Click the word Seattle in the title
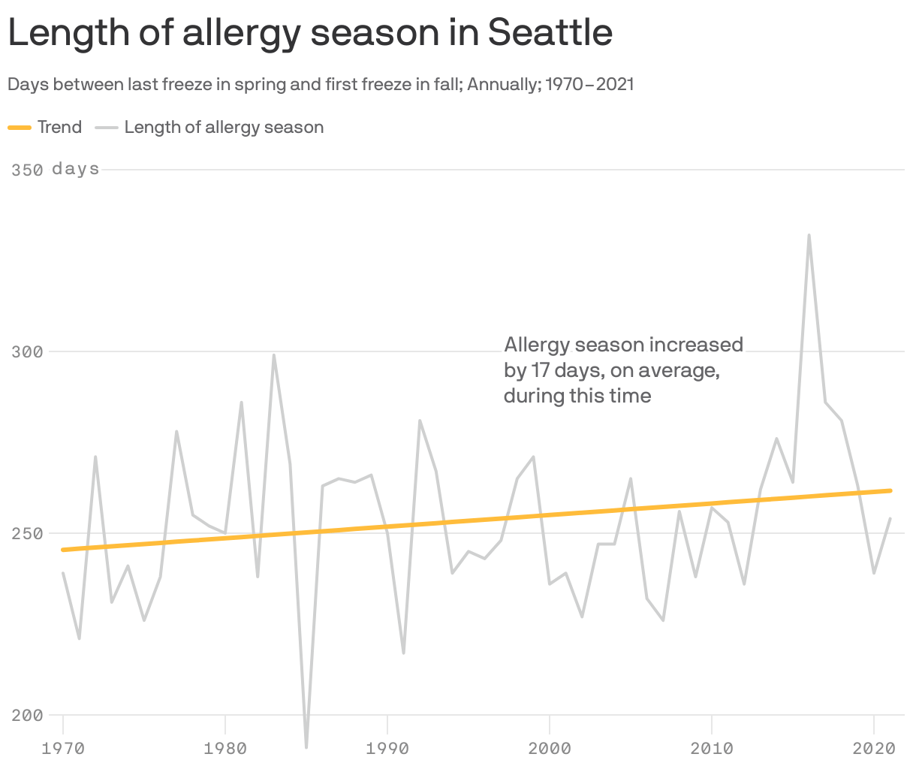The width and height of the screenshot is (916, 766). tap(550, 32)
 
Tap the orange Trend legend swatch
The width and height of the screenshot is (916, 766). tap(20, 128)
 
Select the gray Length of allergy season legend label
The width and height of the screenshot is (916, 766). tap(224, 128)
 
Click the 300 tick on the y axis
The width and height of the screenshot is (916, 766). tap(27, 351)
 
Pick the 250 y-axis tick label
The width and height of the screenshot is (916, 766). tap(27, 533)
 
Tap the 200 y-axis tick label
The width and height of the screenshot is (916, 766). tap(27, 715)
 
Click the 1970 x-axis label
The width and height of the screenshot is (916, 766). tap(63, 748)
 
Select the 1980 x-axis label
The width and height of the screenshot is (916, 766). tap(225, 748)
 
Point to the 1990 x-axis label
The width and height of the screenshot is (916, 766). tap(387, 748)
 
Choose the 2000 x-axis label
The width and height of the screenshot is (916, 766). tap(550, 748)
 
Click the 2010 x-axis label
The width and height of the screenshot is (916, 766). tap(711, 748)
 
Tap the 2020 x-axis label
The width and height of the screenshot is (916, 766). tap(873, 748)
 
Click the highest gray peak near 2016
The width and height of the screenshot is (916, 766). tap(809, 235)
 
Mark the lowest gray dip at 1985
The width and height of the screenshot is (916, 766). tap(306, 746)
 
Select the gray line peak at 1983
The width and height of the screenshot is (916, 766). tap(274, 355)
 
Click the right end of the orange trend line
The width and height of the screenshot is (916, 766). tap(890, 490)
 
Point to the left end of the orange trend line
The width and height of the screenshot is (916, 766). tap(64, 550)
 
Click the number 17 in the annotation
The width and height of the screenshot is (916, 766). tap(540, 370)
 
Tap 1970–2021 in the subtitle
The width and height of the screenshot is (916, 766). tap(589, 84)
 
